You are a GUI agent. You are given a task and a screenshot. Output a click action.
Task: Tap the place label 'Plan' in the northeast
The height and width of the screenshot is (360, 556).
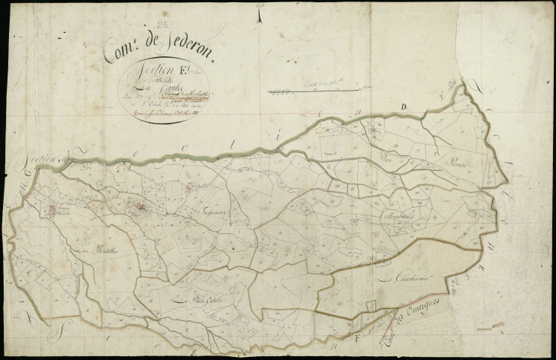386,158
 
